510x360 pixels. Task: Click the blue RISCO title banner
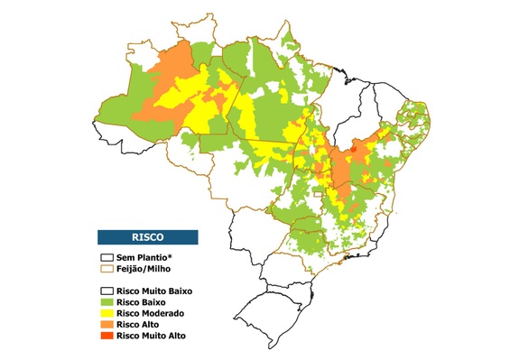click(147, 237)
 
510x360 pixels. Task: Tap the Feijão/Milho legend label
click(144, 269)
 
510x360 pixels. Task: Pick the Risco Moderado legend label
click(151, 313)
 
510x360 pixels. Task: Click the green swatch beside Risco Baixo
click(107, 302)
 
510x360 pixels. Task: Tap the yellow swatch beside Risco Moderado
click(107, 313)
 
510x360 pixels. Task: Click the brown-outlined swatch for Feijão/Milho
click(107, 269)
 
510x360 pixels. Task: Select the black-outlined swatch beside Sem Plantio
click(107, 257)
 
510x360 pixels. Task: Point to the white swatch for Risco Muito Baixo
click(107, 291)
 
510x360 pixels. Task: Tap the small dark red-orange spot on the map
click(355, 150)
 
